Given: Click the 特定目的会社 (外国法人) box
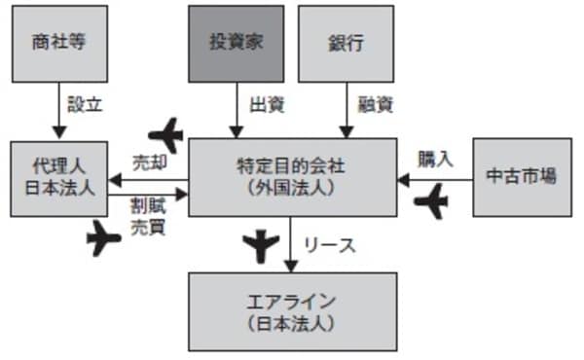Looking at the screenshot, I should point(292,177).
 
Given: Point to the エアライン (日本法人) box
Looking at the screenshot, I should point(292,310).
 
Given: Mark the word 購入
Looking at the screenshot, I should point(435,159).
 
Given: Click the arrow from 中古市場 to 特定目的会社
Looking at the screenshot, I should point(435,179).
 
